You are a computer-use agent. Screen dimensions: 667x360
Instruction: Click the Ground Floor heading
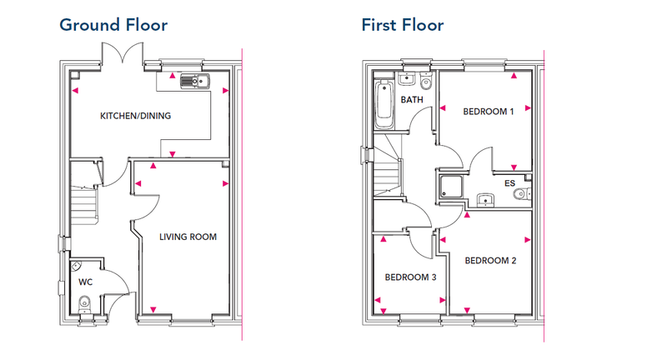(113, 25)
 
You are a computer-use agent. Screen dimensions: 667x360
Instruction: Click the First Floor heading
(403, 25)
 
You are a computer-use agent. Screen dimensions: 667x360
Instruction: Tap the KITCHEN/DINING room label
(135, 116)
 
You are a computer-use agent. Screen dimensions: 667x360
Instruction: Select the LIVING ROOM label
(188, 237)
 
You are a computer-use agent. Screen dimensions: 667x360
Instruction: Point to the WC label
(86, 282)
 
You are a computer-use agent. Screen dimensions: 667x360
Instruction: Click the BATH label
(412, 99)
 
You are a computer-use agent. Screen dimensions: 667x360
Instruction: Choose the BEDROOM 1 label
(489, 112)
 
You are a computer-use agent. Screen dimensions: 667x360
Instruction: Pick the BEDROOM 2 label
(490, 260)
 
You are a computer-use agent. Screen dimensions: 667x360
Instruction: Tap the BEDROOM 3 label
(410, 277)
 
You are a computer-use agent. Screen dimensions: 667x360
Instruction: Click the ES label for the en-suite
(509, 183)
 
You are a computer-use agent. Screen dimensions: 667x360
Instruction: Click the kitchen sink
(195, 81)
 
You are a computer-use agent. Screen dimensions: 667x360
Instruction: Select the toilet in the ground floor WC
(85, 303)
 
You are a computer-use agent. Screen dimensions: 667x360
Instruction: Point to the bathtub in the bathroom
(384, 103)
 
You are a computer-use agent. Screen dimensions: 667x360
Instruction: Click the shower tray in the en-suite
(451, 187)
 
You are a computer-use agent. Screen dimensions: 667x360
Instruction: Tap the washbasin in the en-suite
(485, 199)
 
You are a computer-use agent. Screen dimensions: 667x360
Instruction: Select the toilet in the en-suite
(522, 194)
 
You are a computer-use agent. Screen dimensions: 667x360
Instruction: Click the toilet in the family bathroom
(425, 81)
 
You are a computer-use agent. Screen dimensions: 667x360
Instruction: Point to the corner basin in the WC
(75, 266)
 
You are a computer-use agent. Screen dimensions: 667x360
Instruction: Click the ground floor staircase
(85, 205)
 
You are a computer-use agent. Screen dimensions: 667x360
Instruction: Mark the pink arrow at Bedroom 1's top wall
(514, 76)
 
